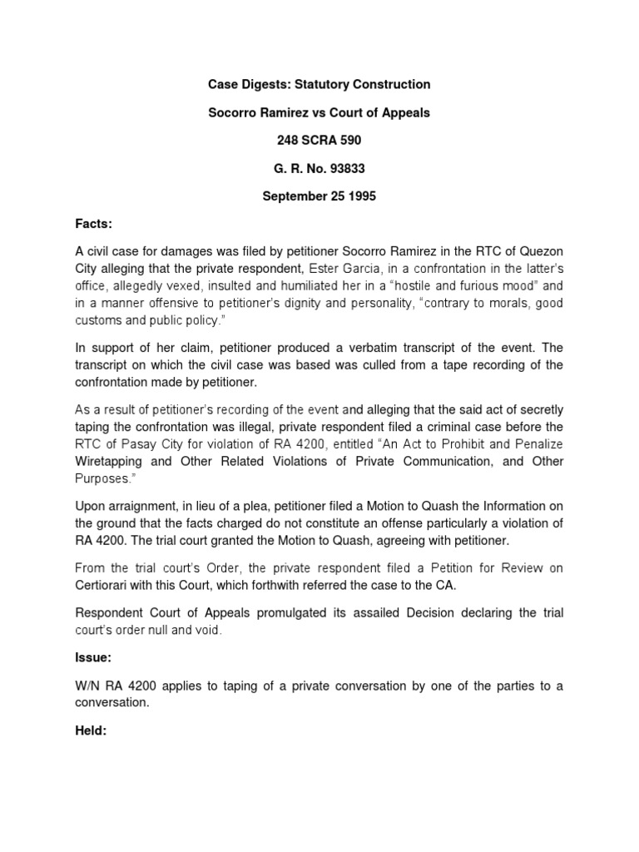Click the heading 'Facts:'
93,225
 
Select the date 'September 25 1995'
319,197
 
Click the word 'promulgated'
247,612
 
